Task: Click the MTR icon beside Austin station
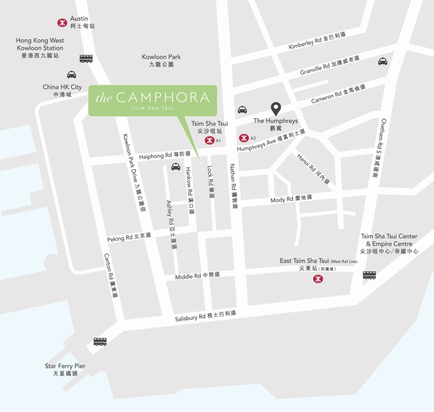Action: click(62, 23)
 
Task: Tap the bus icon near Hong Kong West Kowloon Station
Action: click(86, 58)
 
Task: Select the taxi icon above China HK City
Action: click(71, 74)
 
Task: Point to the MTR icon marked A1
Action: click(209, 140)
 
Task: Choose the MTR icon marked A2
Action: click(244, 138)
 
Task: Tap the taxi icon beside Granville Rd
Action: click(383, 61)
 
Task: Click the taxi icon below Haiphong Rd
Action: click(176, 167)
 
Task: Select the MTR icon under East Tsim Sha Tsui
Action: click(318, 279)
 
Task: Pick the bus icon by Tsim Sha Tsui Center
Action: click(369, 275)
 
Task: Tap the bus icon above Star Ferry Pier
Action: click(100, 342)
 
